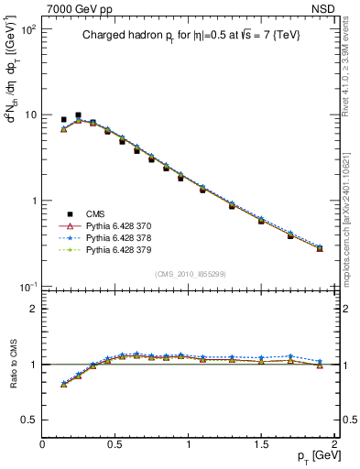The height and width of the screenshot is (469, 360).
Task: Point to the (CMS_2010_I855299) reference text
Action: click(x=189, y=273)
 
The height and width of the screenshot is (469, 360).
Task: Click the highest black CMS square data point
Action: click(x=78, y=115)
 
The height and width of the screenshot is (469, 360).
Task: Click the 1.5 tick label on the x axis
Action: click(x=261, y=445)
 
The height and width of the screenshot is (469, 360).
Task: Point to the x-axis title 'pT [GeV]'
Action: click(x=311, y=457)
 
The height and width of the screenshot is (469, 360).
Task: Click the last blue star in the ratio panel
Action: click(x=320, y=361)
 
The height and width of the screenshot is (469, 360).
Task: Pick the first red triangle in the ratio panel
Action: click(x=63, y=384)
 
